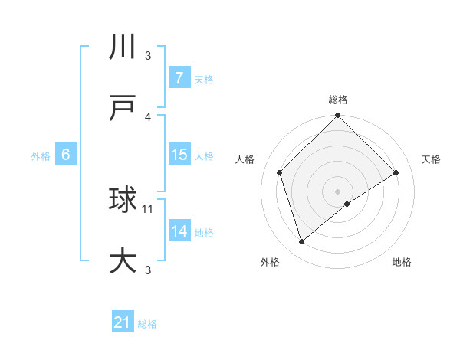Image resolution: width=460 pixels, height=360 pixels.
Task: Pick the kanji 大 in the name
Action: point(123,260)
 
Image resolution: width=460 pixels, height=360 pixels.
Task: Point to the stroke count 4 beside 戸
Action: point(148,117)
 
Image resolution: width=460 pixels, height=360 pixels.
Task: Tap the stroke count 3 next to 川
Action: point(148,56)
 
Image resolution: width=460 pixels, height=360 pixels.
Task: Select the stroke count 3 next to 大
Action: point(148,270)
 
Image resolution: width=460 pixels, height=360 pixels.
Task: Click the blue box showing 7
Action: point(179,78)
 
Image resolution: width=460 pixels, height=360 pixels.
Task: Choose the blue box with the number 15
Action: point(179,155)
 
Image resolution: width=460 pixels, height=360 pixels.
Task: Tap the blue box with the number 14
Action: point(179,231)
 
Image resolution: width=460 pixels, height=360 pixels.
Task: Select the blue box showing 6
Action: point(66,155)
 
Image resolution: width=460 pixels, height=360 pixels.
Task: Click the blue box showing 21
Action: point(123,322)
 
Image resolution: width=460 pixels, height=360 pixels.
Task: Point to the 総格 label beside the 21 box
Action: point(147,324)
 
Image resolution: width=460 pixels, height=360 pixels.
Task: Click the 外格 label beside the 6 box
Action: point(41,156)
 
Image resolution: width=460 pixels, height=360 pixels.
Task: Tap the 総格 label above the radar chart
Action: point(338,100)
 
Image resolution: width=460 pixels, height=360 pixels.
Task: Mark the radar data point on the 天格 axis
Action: point(396,172)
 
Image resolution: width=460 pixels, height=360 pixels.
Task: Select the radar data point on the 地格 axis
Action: point(347,204)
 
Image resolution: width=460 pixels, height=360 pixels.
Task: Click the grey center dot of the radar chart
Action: point(338,191)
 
